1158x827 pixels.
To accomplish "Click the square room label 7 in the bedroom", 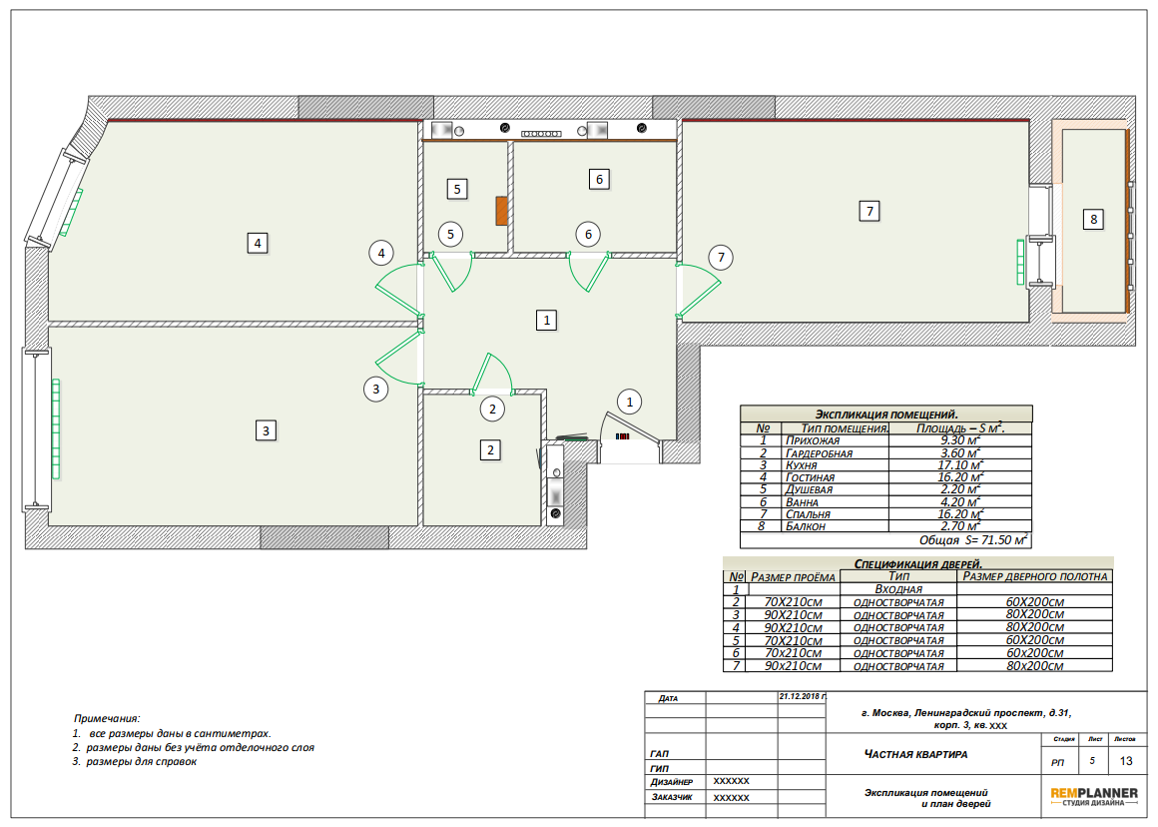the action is coord(869,212).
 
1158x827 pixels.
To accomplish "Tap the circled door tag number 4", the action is coord(381,254).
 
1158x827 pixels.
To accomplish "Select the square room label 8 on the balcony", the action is coord(1094,219).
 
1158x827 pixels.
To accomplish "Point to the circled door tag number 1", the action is coord(629,403).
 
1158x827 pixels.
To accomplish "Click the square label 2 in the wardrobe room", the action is coord(490,450).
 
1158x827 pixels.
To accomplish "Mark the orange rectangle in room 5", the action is coord(501,211).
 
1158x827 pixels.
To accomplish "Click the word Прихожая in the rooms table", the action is coord(813,440).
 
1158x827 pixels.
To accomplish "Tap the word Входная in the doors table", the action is coord(898,589).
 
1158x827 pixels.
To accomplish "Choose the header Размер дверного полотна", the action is coord(1034,576).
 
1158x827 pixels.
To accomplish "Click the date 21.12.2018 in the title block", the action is coord(802,696).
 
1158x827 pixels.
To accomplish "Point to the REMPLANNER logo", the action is coord(1094,796).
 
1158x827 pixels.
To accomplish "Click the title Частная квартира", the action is coord(915,754).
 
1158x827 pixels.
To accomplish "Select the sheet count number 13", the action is coord(1125,760).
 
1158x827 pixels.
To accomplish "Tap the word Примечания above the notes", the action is coord(107,718).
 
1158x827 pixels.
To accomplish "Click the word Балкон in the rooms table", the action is coord(805,526).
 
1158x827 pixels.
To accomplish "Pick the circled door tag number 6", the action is coord(588,235).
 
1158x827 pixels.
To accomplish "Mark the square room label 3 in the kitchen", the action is coord(266,430).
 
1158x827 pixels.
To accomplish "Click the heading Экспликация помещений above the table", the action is coord(886,414).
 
